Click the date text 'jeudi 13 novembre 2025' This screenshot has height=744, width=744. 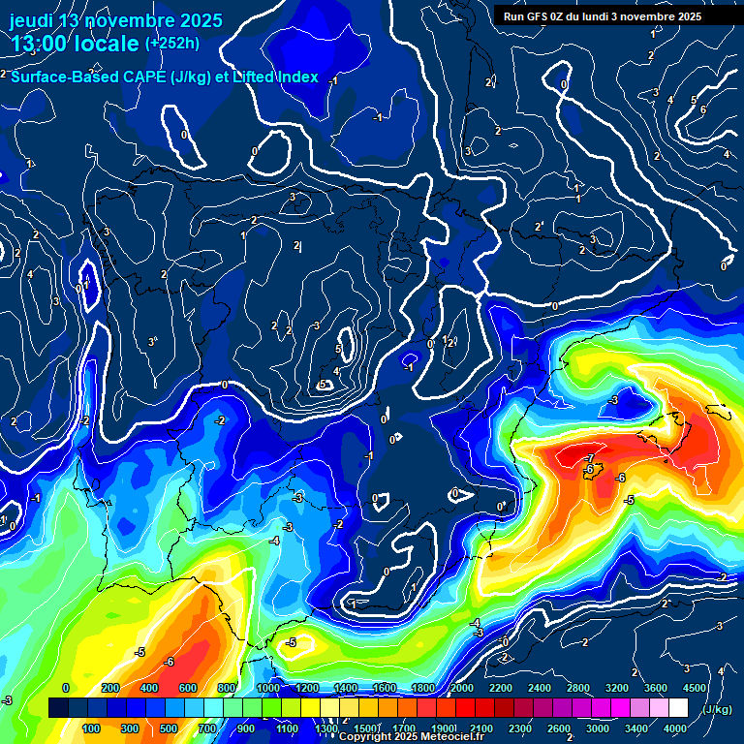pos(116,20)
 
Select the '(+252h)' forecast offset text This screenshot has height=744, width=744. pos(172,44)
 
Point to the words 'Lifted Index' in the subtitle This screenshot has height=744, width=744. pos(276,77)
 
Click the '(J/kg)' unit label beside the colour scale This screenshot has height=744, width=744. pos(716,710)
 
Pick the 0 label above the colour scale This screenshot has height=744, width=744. pos(66,688)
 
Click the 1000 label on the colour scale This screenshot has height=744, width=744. pos(267,688)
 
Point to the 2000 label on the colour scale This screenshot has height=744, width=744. pos(461,688)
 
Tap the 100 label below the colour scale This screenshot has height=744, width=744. pos(92,728)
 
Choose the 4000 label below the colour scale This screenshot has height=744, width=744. pos(675,728)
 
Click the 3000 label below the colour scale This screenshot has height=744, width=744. pos(598,728)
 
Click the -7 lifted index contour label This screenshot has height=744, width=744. pos(588,457)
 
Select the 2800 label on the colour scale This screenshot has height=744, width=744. pos(578,688)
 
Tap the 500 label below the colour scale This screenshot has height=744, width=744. pos(170,728)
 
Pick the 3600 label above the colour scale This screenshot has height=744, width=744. pos(656,688)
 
